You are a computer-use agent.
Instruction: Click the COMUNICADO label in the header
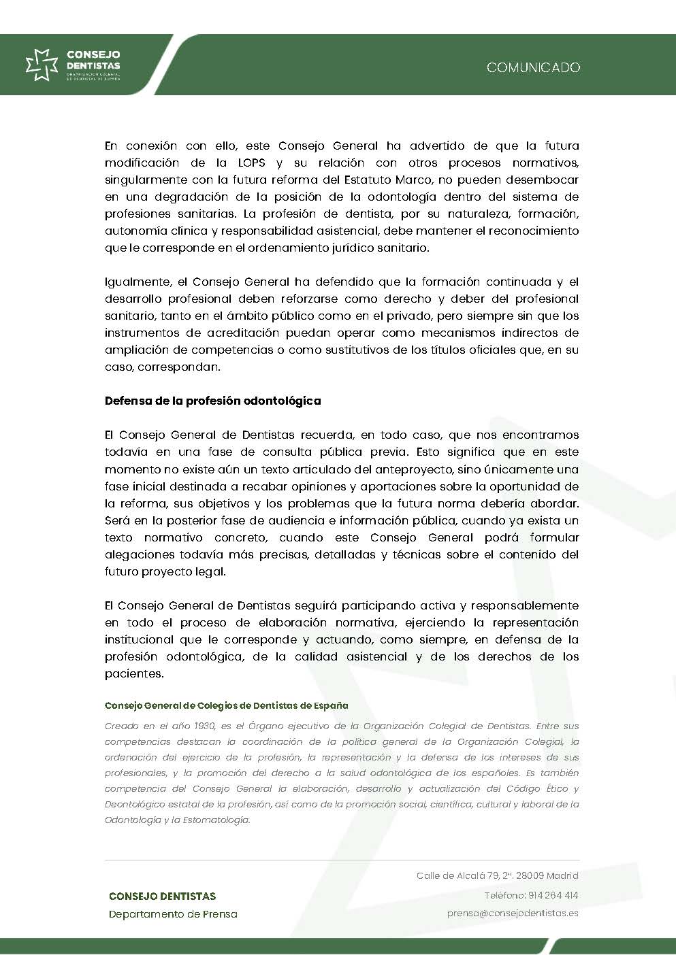click(533, 67)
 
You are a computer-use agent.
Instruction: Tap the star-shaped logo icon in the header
click(42, 65)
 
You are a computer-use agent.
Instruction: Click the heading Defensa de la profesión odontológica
click(212, 401)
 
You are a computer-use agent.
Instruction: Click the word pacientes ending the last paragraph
click(134, 673)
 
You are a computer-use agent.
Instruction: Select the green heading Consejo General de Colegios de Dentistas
click(226, 705)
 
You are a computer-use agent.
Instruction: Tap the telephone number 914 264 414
click(552, 895)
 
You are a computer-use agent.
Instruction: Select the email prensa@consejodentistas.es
click(513, 913)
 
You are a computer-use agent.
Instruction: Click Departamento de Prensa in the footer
click(173, 914)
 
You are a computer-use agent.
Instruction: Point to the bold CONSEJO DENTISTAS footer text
click(162, 896)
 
